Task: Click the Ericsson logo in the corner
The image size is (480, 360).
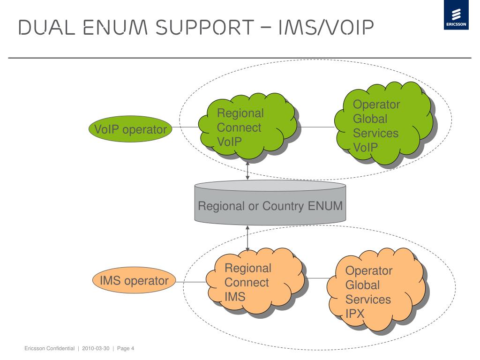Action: tap(456, 15)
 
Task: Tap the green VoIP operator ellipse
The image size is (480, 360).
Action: tap(130, 129)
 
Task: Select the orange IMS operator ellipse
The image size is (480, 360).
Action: tap(134, 280)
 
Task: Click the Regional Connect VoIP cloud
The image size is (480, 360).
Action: tap(248, 127)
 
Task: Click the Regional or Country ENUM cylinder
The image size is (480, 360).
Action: tap(270, 202)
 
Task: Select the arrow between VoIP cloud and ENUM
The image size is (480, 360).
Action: tap(247, 171)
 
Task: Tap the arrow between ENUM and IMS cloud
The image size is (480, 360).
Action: tap(247, 239)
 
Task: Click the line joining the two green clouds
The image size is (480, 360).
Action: tap(316, 127)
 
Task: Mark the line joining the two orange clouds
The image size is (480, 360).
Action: tap(317, 278)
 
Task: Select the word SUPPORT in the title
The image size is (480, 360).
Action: tap(205, 27)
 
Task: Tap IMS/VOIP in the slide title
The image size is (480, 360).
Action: tap(326, 27)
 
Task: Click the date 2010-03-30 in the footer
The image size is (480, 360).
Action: tap(96, 348)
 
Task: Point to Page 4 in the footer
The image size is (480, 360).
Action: tap(126, 348)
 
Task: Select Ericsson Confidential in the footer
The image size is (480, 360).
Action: tap(49, 348)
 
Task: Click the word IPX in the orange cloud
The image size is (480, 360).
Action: tap(355, 314)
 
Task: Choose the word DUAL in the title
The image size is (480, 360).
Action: tap(46, 27)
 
